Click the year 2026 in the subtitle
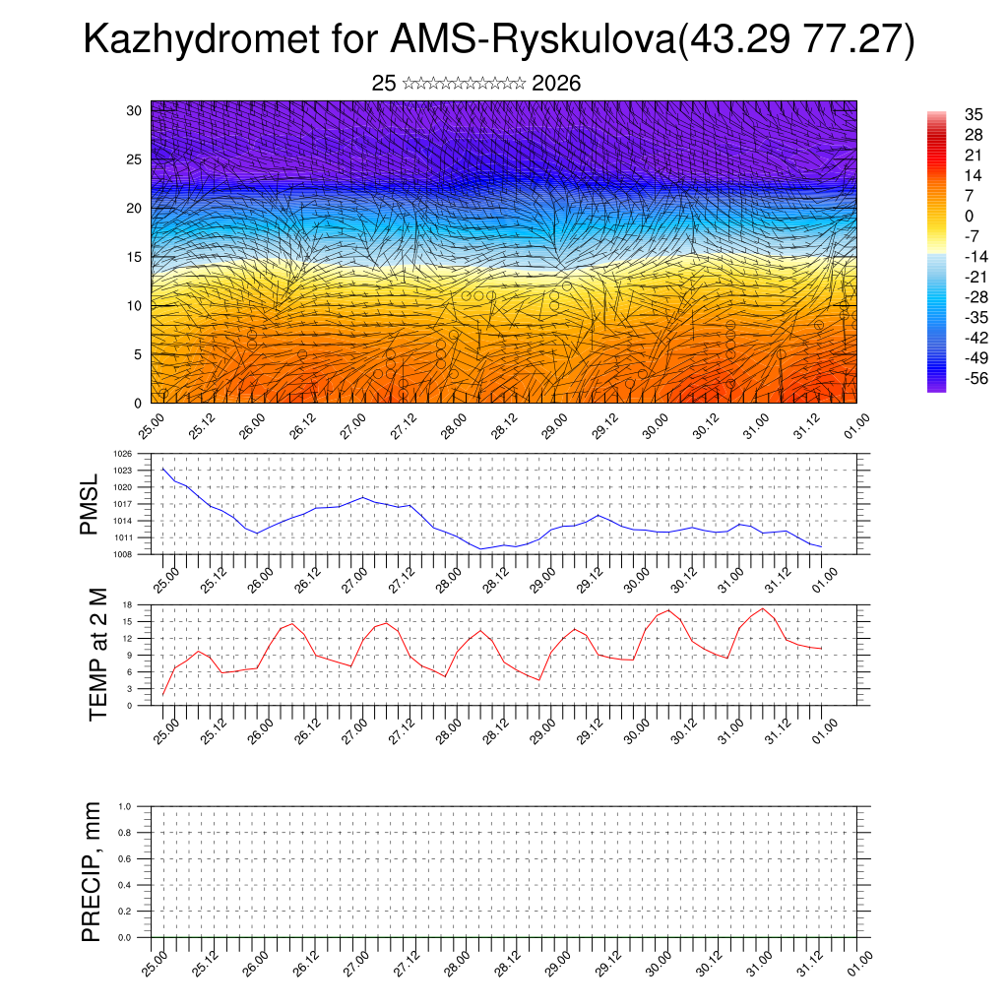(556, 84)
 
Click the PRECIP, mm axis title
(92, 870)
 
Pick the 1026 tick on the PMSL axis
(123, 455)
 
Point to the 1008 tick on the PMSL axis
(123, 554)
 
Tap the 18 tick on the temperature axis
(128, 604)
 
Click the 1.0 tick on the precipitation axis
(125, 806)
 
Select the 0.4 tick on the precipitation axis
(125, 885)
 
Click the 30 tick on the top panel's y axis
(135, 110)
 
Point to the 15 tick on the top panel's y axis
(135, 257)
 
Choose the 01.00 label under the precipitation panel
(858, 962)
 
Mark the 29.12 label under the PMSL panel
(588, 577)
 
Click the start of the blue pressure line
(163, 469)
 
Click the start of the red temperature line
(163, 695)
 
